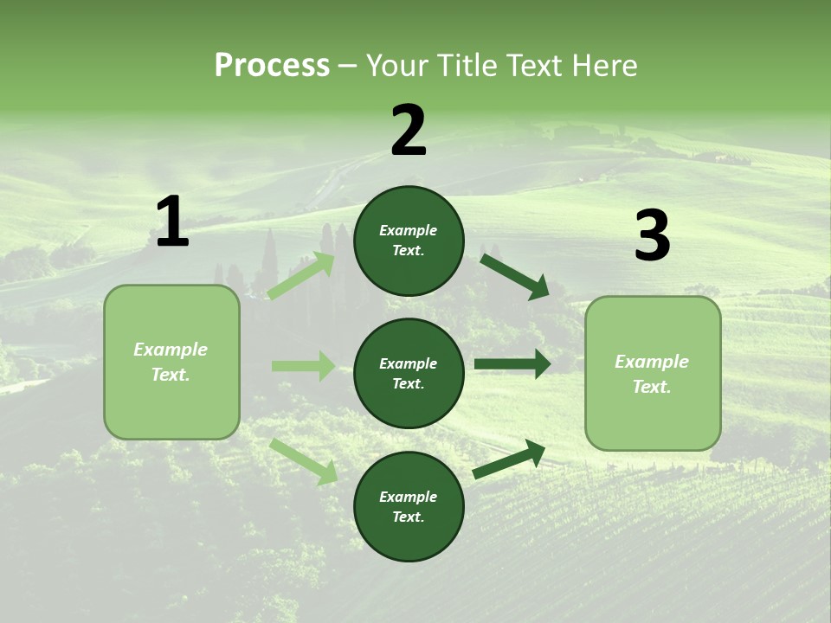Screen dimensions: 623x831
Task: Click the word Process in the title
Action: coord(272,66)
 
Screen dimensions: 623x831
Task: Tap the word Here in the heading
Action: coord(602,66)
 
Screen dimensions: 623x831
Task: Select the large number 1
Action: coord(172,222)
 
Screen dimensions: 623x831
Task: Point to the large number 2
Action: coord(409,131)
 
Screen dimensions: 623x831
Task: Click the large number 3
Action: coord(652,236)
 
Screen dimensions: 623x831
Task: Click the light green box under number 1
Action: coord(171,362)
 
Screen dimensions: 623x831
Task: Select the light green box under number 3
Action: coord(653,374)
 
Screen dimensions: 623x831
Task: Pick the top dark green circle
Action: coord(409,241)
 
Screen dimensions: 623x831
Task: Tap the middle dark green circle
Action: coord(409,374)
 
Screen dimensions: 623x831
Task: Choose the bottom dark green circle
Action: coord(409,506)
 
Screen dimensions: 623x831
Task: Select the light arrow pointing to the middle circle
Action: coord(303,366)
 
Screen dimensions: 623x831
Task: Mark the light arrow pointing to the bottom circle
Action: coord(304,460)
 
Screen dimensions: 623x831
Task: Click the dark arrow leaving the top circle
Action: coord(515,276)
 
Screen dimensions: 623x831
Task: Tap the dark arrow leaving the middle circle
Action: coord(512,364)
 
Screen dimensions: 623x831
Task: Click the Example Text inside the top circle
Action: coord(409,241)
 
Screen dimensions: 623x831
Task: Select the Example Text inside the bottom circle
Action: coord(409,506)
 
